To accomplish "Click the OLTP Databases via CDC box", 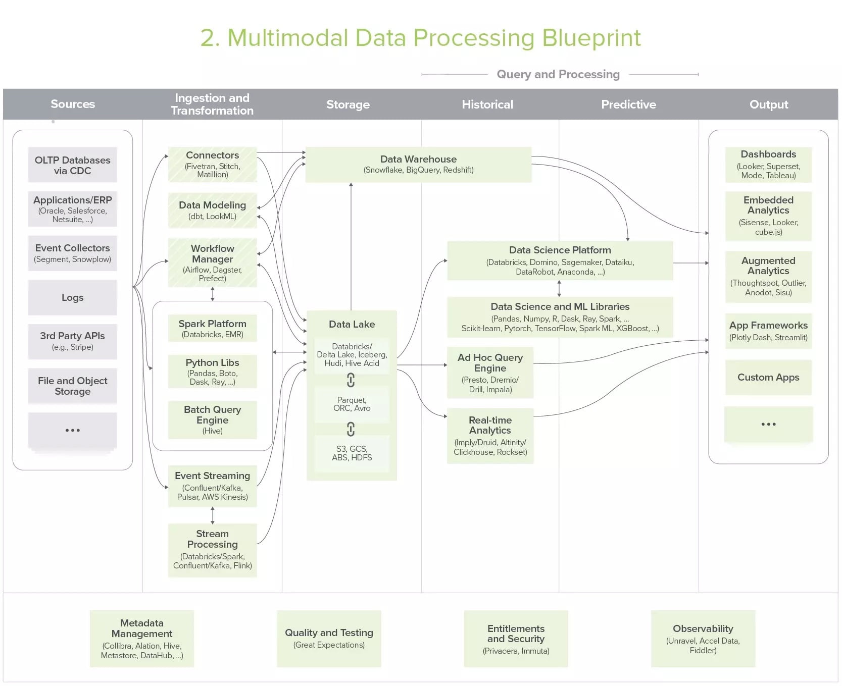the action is click(72, 165).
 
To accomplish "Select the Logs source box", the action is click(72, 297).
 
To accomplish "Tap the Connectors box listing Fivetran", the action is click(212, 164).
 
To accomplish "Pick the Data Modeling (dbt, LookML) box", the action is click(212, 210).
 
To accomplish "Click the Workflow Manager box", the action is click(212, 262).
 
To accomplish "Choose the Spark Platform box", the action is click(212, 328).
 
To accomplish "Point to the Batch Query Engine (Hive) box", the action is click(212, 419).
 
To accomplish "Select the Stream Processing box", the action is click(212, 550).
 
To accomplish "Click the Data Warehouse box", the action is click(418, 165).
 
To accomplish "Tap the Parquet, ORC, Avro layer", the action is click(352, 404).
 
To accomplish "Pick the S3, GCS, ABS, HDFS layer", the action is click(352, 453).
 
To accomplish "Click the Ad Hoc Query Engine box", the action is click(490, 373).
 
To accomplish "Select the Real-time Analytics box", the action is click(490, 436).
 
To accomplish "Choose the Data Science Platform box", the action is click(560, 260).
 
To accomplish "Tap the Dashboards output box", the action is click(768, 165).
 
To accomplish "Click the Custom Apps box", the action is click(768, 377).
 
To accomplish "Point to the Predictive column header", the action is click(628, 104).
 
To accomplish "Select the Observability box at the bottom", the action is click(703, 639).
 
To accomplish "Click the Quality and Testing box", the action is click(329, 639).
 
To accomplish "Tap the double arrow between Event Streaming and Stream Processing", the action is click(212, 515).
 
